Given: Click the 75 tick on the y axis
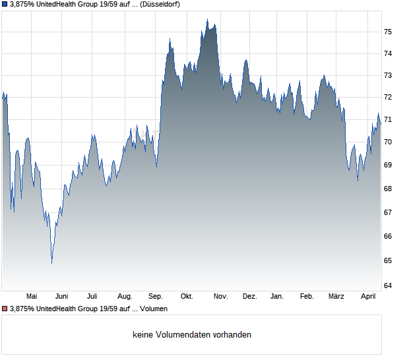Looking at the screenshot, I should tap(389, 32).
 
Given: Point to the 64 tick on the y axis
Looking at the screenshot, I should tap(389, 285).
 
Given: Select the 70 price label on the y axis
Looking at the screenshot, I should tap(389, 142).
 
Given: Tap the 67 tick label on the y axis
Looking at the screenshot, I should tap(389, 212).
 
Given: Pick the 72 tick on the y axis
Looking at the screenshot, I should tap(389, 97).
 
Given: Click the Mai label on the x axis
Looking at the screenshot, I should tap(32, 296).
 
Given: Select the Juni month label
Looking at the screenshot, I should tap(62, 296).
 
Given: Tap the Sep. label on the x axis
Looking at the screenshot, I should tap(156, 296).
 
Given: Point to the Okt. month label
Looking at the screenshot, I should tap(187, 296).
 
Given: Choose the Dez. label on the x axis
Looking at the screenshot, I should tap(249, 296).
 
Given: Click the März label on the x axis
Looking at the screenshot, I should tap(336, 296).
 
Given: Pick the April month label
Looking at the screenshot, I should tap(367, 296).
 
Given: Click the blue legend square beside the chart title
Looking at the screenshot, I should tap(5, 5).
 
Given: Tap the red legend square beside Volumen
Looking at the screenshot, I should tap(5, 308).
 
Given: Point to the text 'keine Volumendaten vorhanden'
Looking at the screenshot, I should tap(192, 335).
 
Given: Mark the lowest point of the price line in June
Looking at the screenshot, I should tap(51, 263).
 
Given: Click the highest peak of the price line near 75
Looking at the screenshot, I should tap(207, 19).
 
